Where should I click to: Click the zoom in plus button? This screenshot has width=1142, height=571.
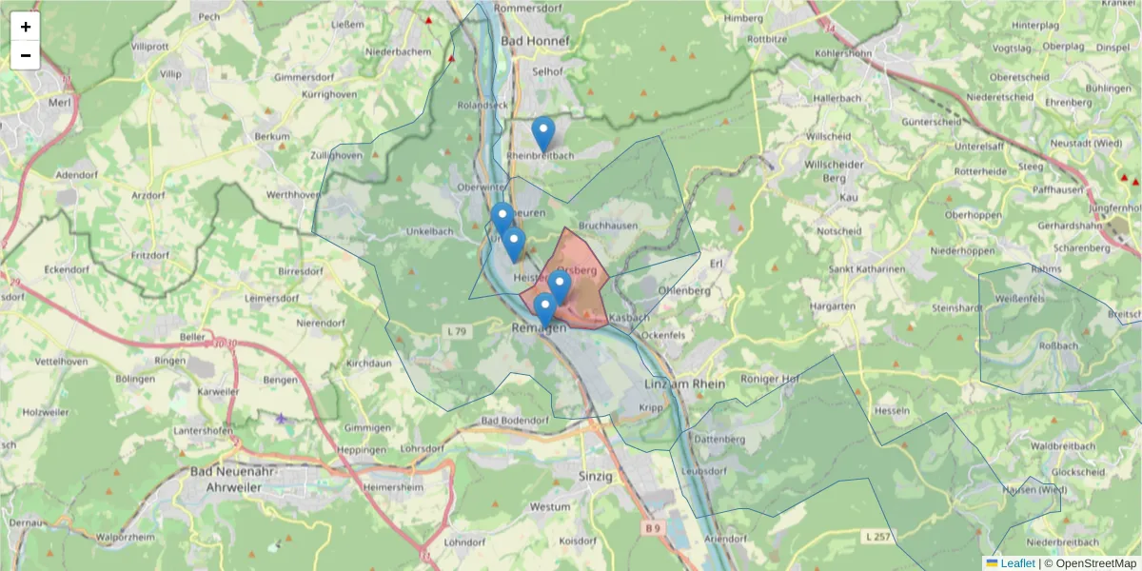point(26,27)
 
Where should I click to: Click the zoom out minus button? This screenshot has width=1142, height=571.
point(26,55)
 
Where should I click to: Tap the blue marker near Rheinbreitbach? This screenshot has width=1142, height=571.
point(543,134)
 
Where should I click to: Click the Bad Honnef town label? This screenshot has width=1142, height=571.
point(534,41)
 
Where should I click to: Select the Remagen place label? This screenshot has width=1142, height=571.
point(539,327)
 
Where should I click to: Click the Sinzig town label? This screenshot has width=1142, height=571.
point(597,474)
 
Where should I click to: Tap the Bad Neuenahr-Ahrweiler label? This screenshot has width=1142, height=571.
point(227,479)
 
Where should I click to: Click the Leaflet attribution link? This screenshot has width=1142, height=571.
point(1016,562)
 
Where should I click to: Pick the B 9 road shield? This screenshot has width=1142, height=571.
point(651,527)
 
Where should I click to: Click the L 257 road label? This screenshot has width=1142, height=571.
point(877,538)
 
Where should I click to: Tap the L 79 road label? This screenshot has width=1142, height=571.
point(457,330)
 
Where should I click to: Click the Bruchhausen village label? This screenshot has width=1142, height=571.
point(608,226)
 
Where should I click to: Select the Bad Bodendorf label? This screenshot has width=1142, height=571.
point(515,421)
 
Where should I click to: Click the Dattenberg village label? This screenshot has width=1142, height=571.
point(719,439)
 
